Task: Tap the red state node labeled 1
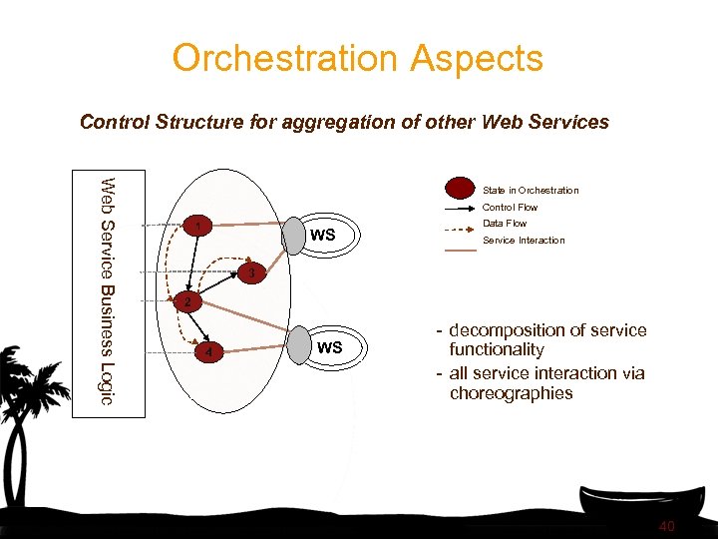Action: [x=200, y=228]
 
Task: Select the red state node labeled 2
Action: [x=186, y=300]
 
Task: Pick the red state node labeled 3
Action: [x=252, y=272]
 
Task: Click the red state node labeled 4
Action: [x=207, y=351]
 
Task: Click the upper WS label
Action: [x=323, y=236]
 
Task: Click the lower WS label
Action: [x=329, y=347]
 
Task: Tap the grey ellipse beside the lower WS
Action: [x=300, y=346]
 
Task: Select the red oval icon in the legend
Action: [x=460, y=189]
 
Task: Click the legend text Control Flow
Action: [x=510, y=208]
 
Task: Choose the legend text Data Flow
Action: [x=505, y=224]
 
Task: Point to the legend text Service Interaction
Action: [x=524, y=241]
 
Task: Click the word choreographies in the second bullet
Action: [x=512, y=393]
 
